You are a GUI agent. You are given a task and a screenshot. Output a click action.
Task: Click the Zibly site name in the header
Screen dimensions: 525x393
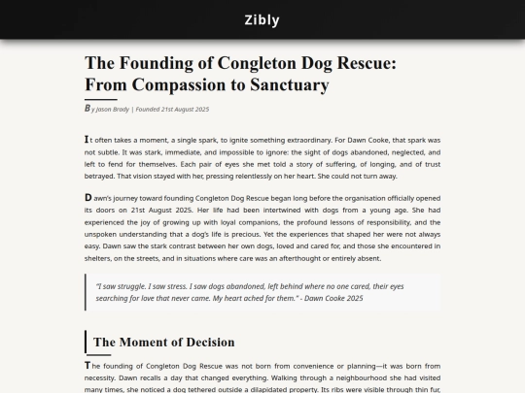tap(262, 19)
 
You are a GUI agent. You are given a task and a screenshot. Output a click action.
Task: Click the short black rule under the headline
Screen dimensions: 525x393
tap(100, 99)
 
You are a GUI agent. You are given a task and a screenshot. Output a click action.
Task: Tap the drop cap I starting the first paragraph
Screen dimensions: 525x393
tap(87, 139)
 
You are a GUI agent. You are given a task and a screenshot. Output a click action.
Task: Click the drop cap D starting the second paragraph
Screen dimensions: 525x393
tap(88, 198)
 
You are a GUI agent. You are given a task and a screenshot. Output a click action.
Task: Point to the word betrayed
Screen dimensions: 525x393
tap(102, 176)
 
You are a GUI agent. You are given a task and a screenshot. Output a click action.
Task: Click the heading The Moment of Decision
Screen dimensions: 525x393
tap(163, 342)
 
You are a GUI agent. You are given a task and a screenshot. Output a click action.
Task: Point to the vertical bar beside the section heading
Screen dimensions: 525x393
tap(86, 342)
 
